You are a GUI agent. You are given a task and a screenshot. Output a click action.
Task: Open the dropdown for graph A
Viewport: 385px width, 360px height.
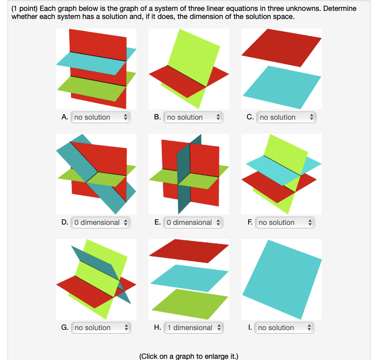click(100, 117)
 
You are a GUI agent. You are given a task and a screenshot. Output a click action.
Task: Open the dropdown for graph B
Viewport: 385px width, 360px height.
click(193, 117)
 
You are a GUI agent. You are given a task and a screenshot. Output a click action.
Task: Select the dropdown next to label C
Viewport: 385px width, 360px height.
click(286, 117)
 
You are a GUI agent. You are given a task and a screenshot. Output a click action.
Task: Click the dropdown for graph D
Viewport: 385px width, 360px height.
click(100, 223)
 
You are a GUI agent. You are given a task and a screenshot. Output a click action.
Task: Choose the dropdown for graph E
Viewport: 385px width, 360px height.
click(193, 223)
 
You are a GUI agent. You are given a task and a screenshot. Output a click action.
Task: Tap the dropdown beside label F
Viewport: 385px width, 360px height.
click(285, 223)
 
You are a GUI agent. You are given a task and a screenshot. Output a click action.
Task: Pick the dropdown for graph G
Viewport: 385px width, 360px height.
click(101, 328)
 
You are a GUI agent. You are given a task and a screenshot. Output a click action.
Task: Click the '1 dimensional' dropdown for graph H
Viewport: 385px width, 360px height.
click(193, 328)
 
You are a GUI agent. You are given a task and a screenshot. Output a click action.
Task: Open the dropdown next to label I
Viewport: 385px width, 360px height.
click(284, 328)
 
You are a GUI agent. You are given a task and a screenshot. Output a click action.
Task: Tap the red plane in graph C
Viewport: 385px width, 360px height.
click(282, 48)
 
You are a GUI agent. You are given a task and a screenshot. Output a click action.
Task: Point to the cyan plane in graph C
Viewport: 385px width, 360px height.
click(282, 87)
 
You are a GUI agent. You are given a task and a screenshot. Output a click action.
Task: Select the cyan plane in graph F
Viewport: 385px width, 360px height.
click(277, 170)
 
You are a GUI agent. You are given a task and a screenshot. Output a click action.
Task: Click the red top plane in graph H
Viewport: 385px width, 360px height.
click(189, 251)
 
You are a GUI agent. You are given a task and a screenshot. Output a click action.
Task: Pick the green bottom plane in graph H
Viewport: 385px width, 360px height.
click(190, 304)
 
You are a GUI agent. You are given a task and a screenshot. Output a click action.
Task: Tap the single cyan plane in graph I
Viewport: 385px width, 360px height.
click(282, 280)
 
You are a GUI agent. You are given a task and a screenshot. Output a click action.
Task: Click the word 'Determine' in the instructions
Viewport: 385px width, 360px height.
click(340, 8)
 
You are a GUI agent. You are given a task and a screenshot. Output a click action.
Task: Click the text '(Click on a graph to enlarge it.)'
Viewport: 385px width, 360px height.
click(188, 356)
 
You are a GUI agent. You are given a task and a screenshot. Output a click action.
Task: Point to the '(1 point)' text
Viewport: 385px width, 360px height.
click(25, 8)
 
